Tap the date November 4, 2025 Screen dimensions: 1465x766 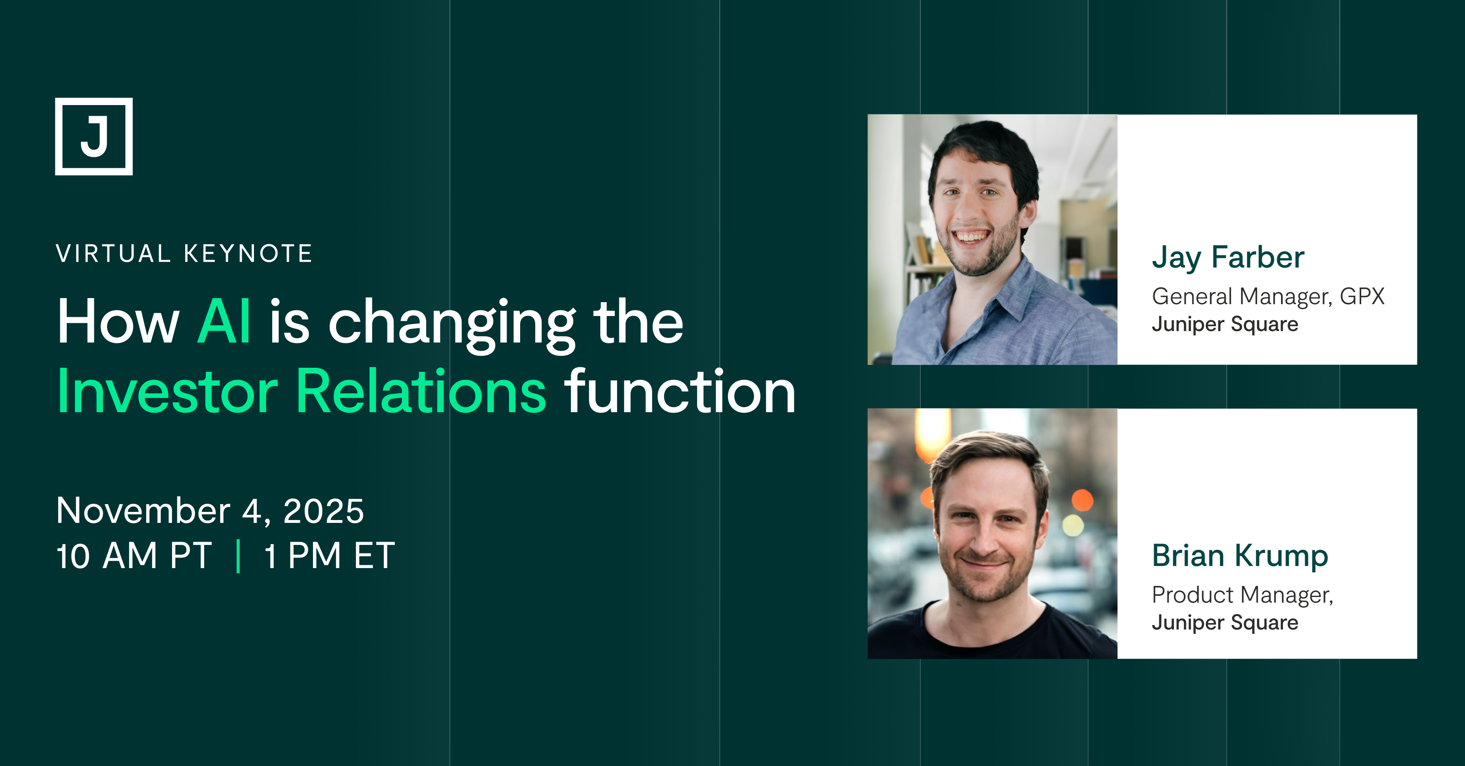[x=210, y=511]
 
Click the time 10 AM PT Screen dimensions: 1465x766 [x=134, y=555]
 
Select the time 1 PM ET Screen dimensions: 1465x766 [x=329, y=555]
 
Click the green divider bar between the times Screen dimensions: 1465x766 [x=238, y=556]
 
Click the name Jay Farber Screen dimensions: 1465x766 [x=1228, y=258]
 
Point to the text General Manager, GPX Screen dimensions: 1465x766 [x=1268, y=297]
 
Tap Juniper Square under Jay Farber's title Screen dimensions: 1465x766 [x=1225, y=325]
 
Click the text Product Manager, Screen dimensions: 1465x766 [x=1242, y=596]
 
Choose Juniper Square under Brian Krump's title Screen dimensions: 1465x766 [x=1225, y=623]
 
